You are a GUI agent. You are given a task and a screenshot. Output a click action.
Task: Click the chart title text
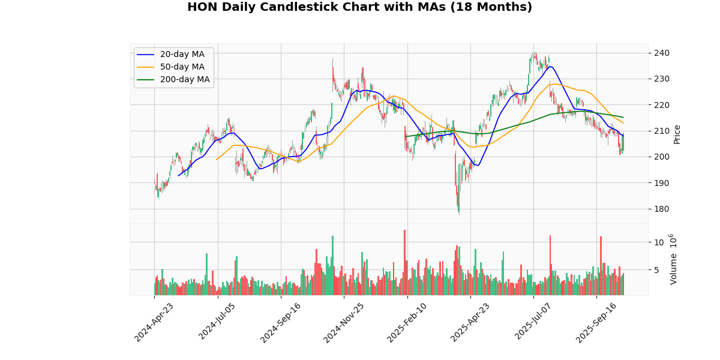(359, 7)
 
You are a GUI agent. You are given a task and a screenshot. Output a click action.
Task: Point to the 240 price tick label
(661, 53)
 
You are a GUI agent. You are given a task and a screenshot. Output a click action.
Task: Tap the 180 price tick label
(661, 209)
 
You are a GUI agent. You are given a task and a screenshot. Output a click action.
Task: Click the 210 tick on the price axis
(661, 131)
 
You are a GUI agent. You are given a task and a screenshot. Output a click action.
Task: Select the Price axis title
(677, 134)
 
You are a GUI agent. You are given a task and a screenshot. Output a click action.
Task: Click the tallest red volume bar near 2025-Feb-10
(404, 262)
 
